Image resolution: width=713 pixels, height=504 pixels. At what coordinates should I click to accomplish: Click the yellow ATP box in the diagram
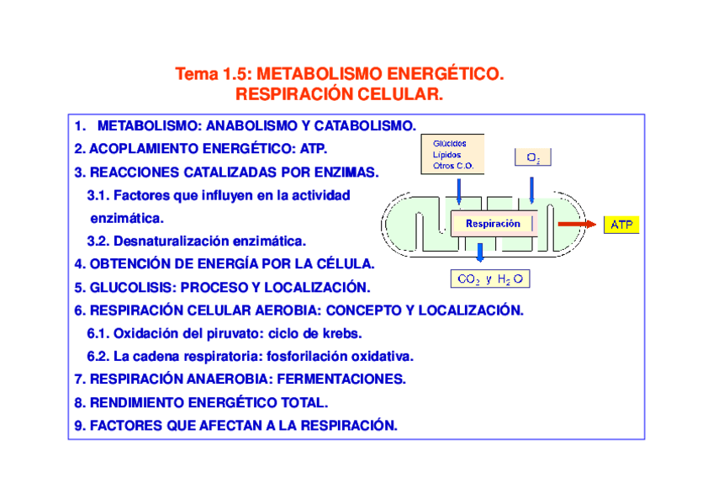coord(621,225)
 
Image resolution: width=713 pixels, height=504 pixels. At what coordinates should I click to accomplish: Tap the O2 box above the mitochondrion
coord(533,158)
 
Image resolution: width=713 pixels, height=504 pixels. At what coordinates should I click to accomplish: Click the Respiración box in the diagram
coord(493,224)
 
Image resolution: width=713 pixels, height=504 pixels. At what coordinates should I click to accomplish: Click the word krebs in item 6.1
coord(342,333)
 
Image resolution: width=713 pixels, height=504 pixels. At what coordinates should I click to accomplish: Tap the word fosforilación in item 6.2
coord(280,356)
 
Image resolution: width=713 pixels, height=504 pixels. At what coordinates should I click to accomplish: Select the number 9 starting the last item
coord(77,426)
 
